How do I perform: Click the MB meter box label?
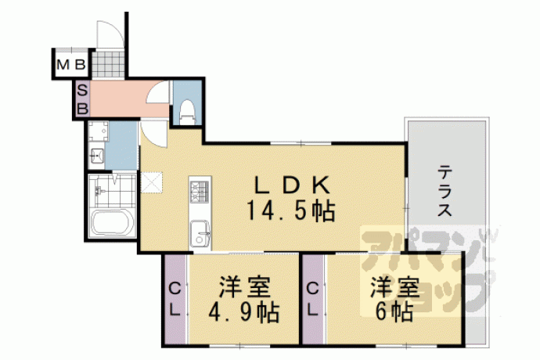(x=71, y=64)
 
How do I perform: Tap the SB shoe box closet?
(x=83, y=99)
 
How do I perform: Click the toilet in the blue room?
(x=188, y=112)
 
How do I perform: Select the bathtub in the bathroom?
(x=112, y=222)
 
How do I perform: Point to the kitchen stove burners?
(x=200, y=191)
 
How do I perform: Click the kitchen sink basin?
(x=200, y=232)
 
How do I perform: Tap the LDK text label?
(x=291, y=186)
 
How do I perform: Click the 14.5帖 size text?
(x=290, y=211)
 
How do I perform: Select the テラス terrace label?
(x=445, y=190)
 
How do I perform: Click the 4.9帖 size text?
(x=243, y=311)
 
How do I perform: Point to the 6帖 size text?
(x=394, y=311)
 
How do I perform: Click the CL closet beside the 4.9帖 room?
(x=175, y=300)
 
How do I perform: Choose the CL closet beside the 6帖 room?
(x=313, y=300)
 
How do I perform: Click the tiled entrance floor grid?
(x=108, y=64)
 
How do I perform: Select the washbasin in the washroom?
(x=97, y=157)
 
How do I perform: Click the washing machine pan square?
(x=99, y=131)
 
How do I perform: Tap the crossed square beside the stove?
(x=151, y=182)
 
